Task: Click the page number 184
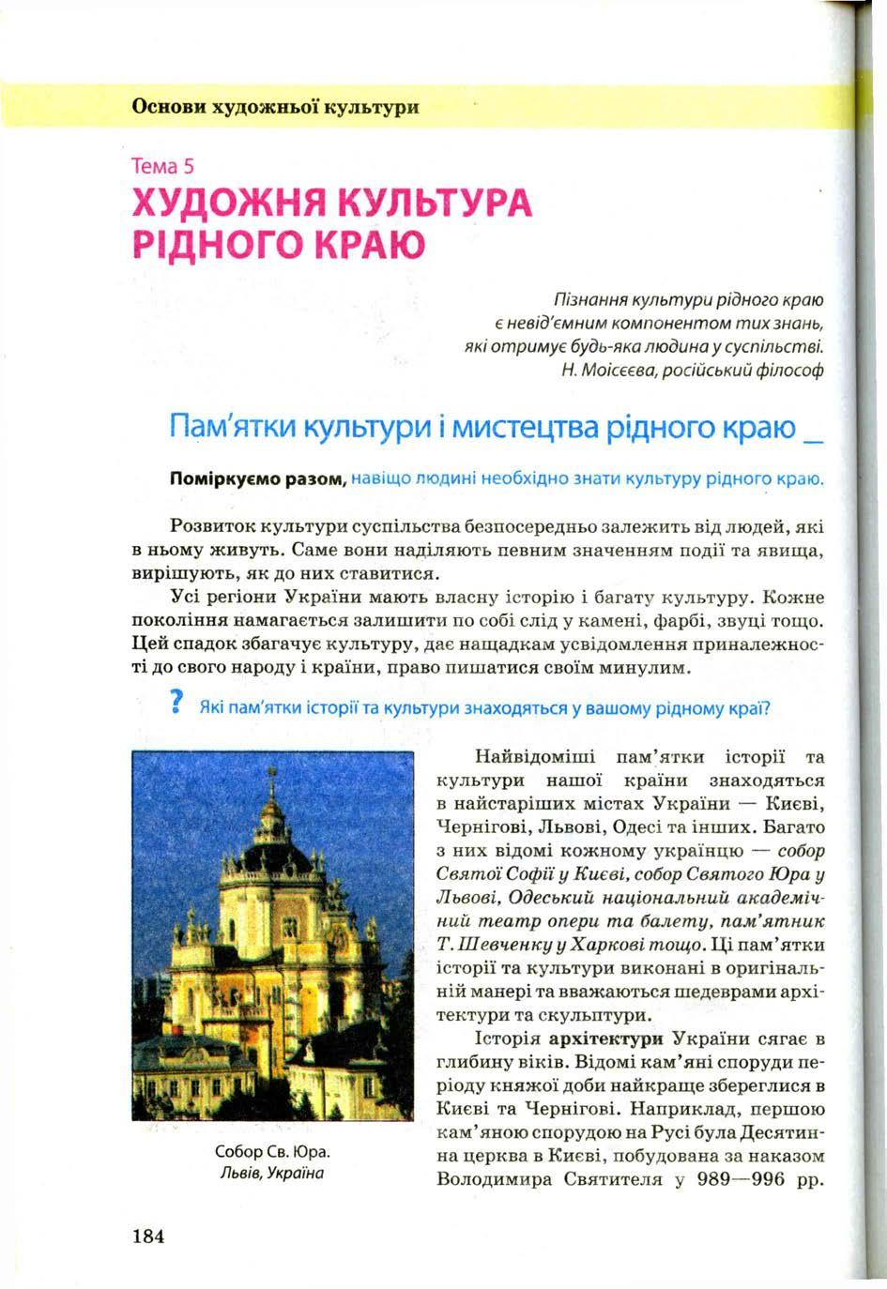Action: coord(148,1235)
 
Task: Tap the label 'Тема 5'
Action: coord(163,167)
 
